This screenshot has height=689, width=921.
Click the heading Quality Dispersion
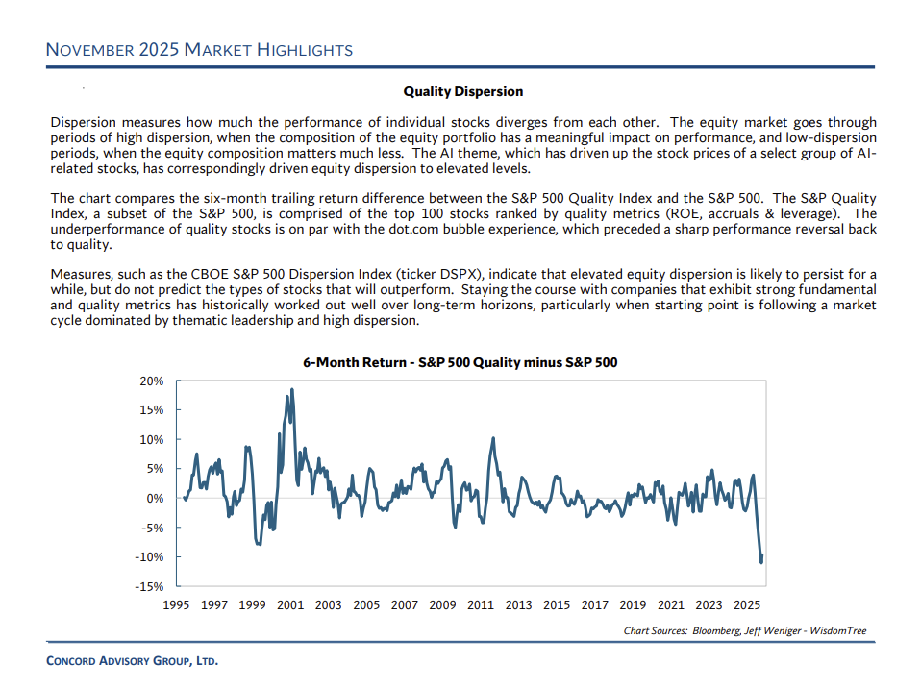point(463,91)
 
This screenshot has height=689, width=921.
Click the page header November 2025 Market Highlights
point(200,50)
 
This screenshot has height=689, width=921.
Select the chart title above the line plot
point(460,362)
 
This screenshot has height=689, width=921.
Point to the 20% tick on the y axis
point(153,381)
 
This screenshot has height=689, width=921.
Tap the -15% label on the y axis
point(151,586)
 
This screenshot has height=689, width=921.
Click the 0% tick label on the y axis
point(156,498)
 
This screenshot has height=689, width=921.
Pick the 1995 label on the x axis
point(176,605)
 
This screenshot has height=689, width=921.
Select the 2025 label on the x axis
point(747,605)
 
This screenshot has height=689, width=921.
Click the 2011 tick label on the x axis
point(481,605)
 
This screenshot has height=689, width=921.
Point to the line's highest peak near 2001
point(291,389)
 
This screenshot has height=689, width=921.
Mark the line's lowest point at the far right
point(762,562)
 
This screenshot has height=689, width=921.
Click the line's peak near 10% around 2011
point(493,438)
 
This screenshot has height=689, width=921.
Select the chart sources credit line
point(745,631)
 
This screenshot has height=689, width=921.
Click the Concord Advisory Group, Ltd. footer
point(133,661)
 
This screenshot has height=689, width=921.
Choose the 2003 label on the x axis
point(328,605)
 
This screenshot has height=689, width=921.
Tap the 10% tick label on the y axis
point(153,439)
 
